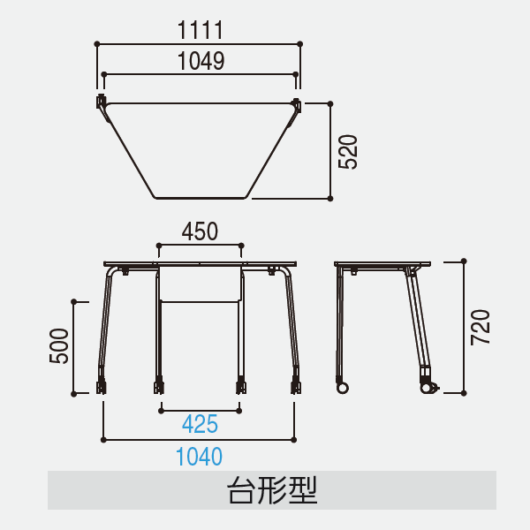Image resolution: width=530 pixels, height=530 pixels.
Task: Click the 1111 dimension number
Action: [x=201, y=30]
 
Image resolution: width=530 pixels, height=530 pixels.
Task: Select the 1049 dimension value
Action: [x=201, y=61]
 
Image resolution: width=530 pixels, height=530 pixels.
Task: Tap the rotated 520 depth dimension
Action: [x=348, y=152]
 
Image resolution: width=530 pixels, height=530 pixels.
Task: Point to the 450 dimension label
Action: [x=200, y=231]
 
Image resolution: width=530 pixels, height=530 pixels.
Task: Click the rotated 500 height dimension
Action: [x=59, y=346]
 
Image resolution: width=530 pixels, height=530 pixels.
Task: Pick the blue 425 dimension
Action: [x=201, y=424]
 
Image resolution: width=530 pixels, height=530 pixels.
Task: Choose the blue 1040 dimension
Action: [x=199, y=457]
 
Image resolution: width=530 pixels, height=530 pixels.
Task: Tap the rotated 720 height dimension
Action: [x=481, y=327]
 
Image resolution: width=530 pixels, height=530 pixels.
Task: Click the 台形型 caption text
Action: [x=272, y=490]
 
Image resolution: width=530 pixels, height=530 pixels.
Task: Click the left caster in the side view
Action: [x=342, y=388]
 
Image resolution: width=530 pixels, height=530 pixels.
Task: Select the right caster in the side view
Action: [x=428, y=388]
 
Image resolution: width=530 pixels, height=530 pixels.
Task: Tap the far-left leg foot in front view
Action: [x=101, y=387]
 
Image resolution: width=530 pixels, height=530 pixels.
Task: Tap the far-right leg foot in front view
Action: [x=296, y=387]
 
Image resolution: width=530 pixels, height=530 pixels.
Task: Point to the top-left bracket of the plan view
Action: [x=101, y=102]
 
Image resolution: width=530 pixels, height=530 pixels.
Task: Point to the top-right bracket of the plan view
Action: [x=297, y=104]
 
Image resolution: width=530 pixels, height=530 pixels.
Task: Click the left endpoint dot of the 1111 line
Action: [x=97, y=44]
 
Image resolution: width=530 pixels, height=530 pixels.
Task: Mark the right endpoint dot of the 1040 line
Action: [x=294, y=440]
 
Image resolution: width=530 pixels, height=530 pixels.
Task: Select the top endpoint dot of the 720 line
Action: [x=464, y=261]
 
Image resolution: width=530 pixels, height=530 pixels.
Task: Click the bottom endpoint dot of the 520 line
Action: [x=330, y=199]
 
